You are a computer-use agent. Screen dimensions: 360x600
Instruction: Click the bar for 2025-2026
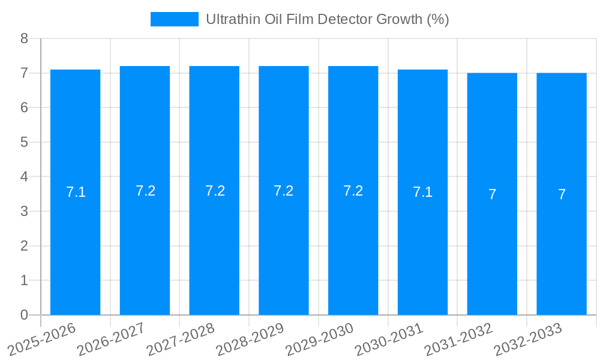click(x=75, y=192)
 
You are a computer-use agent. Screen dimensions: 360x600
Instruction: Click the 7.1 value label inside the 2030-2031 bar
click(x=422, y=193)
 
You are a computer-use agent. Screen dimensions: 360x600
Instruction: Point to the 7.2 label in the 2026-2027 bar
click(x=145, y=191)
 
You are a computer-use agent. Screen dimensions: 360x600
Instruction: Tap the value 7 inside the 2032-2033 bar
click(x=562, y=194)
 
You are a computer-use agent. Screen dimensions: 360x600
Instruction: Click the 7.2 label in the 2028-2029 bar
click(x=283, y=191)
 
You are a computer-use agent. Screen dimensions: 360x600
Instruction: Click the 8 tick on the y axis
click(x=24, y=39)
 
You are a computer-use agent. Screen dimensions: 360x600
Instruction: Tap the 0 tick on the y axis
click(x=24, y=315)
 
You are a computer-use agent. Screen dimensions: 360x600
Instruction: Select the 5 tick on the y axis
click(x=24, y=143)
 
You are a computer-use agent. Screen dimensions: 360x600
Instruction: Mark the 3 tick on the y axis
click(x=24, y=212)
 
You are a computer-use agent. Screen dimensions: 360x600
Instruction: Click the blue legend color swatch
click(x=174, y=19)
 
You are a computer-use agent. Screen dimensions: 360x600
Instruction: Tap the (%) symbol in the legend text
click(x=437, y=19)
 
